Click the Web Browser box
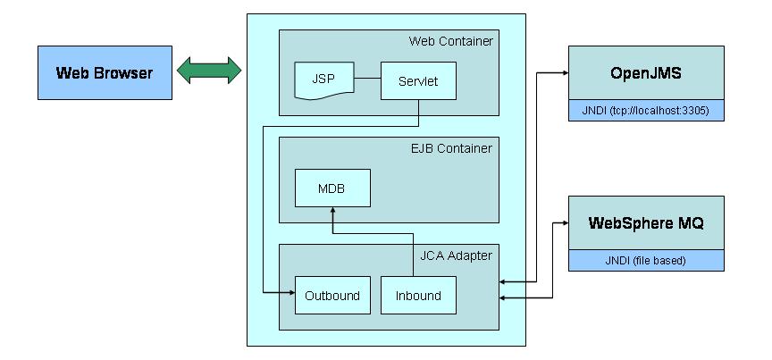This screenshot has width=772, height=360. (x=105, y=72)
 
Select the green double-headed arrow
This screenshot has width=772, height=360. (x=209, y=71)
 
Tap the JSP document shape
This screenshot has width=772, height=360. (x=323, y=80)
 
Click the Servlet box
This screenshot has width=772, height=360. (x=418, y=80)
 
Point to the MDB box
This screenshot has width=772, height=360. (x=331, y=188)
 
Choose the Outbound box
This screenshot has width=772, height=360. (x=331, y=295)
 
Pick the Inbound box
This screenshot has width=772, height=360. (x=418, y=295)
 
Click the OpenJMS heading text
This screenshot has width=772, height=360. (x=646, y=71)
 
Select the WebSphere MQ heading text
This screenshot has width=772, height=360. (x=646, y=222)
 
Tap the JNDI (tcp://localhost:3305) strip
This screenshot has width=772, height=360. (x=646, y=112)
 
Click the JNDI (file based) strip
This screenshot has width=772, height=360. (x=646, y=261)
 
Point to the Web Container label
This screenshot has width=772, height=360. (x=450, y=41)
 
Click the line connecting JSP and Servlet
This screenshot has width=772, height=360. (x=366, y=80)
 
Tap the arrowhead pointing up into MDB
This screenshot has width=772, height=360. (x=331, y=212)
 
